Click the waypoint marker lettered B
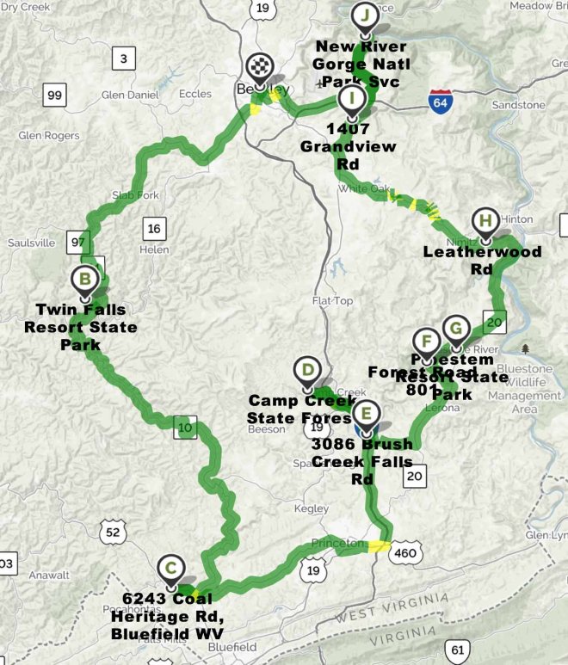click(x=85, y=278)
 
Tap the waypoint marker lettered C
click(x=171, y=567)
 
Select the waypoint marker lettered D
click(x=306, y=371)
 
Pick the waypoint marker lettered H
click(x=485, y=220)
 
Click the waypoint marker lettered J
click(x=365, y=15)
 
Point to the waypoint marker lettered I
click(x=351, y=98)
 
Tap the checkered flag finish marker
click(x=258, y=66)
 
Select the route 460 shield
click(x=404, y=554)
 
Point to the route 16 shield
click(x=155, y=229)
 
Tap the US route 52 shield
click(x=112, y=533)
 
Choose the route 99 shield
click(x=54, y=95)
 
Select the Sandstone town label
click(x=518, y=105)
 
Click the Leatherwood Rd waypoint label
click(x=483, y=260)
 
